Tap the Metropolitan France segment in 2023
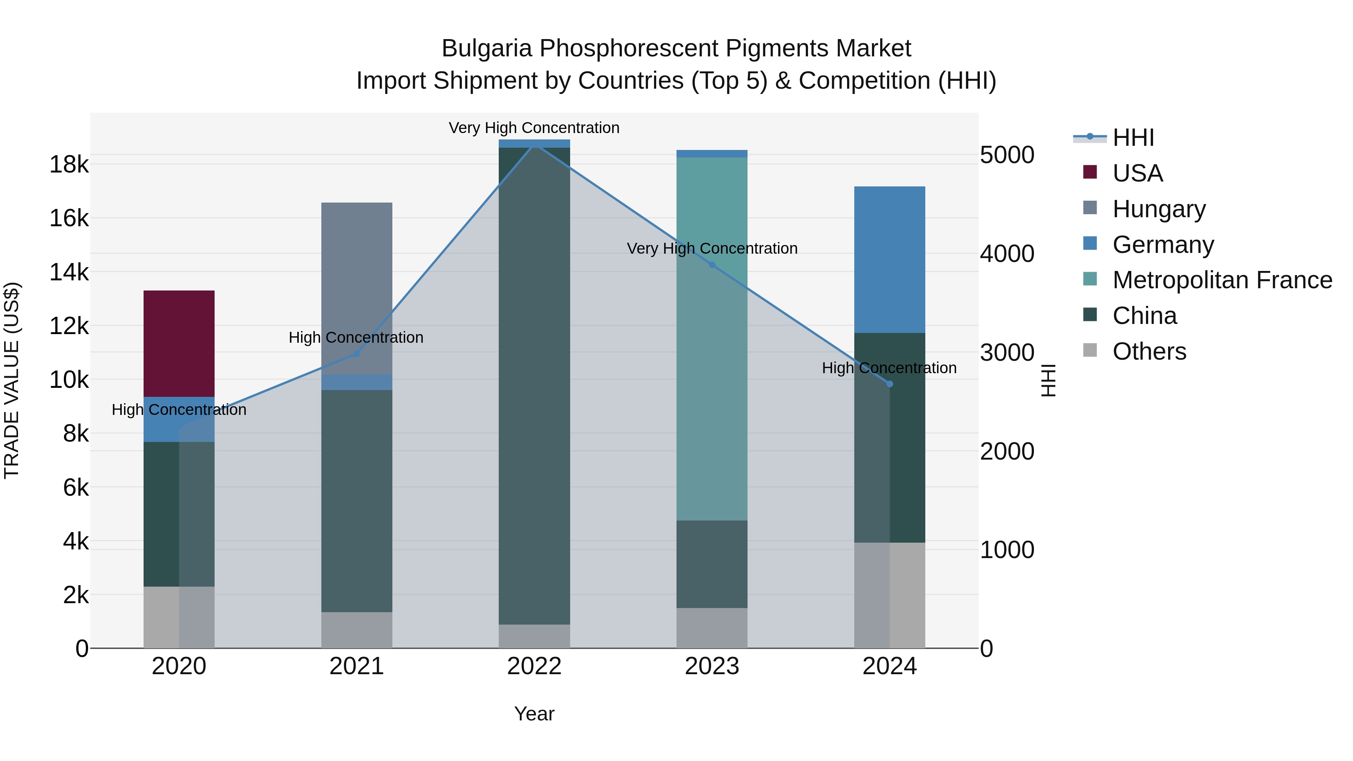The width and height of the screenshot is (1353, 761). [x=712, y=339]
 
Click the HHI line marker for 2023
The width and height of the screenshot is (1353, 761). [x=712, y=265]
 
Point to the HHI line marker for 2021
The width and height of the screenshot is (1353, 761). [x=357, y=354]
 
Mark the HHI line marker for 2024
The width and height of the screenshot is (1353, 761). [x=889, y=384]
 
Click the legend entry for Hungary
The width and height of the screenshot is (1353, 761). [x=1159, y=209]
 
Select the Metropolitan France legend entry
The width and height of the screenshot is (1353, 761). [x=1222, y=280]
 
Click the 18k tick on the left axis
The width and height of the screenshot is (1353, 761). [x=69, y=164]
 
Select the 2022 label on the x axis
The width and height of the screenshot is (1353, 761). [x=534, y=666]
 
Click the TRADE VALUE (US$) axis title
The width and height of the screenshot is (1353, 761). [x=12, y=380]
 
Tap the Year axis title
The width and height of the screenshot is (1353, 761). [x=534, y=714]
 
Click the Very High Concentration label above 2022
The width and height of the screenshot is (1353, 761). [x=534, y=128]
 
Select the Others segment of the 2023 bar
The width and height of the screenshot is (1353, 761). [x=712, y=628]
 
